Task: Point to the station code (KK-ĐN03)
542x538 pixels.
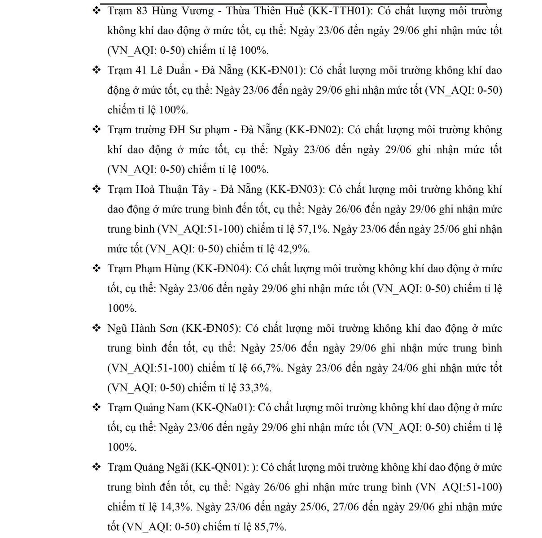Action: (294, 189)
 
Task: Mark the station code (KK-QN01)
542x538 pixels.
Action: (220, 467)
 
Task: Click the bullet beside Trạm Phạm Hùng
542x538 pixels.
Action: (96, 269)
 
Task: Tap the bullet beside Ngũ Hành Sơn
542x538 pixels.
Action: (96, 328)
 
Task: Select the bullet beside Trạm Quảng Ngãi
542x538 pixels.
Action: (96, 467)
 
